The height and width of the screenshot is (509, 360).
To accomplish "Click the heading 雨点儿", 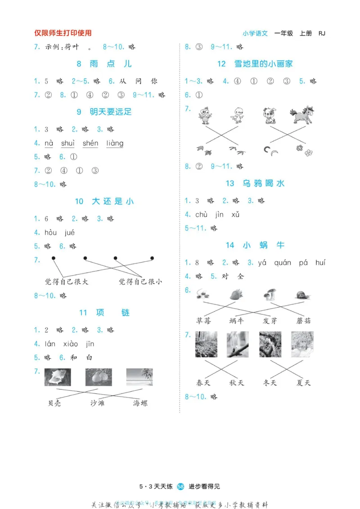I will [104, 64].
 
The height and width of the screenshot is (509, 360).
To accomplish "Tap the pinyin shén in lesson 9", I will [90, 143].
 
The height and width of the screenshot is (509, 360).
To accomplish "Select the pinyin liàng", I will [115, 143].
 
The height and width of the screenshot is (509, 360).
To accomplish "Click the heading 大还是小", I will [104, 201].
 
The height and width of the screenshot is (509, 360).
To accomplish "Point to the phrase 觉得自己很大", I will [67, 282].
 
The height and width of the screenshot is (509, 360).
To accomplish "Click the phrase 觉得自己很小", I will [140, 282].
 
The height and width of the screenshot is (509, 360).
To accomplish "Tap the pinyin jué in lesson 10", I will [70, 232].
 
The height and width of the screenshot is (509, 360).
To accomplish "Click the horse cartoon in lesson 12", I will [301, 115].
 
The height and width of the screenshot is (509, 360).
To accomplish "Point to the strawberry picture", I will [235, 295].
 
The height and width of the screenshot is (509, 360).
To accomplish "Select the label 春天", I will [206, 383].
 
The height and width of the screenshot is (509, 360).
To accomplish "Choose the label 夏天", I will [304, 383].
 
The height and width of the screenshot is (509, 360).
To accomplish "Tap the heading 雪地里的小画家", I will [255, 64].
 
